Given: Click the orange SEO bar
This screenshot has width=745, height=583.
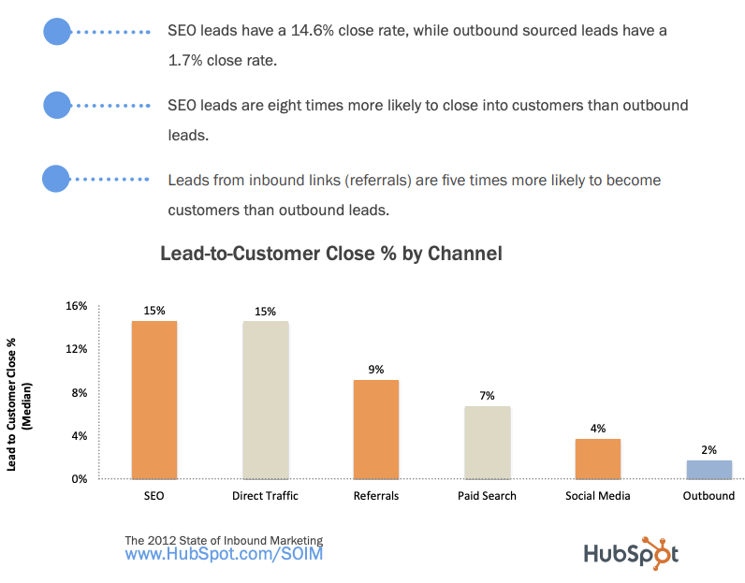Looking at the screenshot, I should pos(154,400).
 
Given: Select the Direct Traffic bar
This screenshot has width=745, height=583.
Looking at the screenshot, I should pos(266,400).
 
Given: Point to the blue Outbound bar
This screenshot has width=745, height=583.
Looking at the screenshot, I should pos(708,469).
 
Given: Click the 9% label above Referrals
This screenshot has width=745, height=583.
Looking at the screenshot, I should pos(376,369).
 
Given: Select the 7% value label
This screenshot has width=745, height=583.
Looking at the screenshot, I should pos(487,396).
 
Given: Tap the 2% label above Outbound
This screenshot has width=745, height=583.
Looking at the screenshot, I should pos(708,450).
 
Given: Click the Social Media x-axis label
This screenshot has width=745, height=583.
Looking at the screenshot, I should pos(598,496).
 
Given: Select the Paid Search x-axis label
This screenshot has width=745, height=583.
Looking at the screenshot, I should pos(487,496).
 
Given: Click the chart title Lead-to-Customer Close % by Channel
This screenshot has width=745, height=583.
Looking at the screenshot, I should pos(331,254).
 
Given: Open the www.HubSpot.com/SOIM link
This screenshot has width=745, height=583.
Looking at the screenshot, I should pos(224,555).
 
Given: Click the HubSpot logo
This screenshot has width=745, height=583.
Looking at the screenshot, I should pos(631,553).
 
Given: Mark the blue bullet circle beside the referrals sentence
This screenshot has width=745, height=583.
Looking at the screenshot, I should pos(57,179).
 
